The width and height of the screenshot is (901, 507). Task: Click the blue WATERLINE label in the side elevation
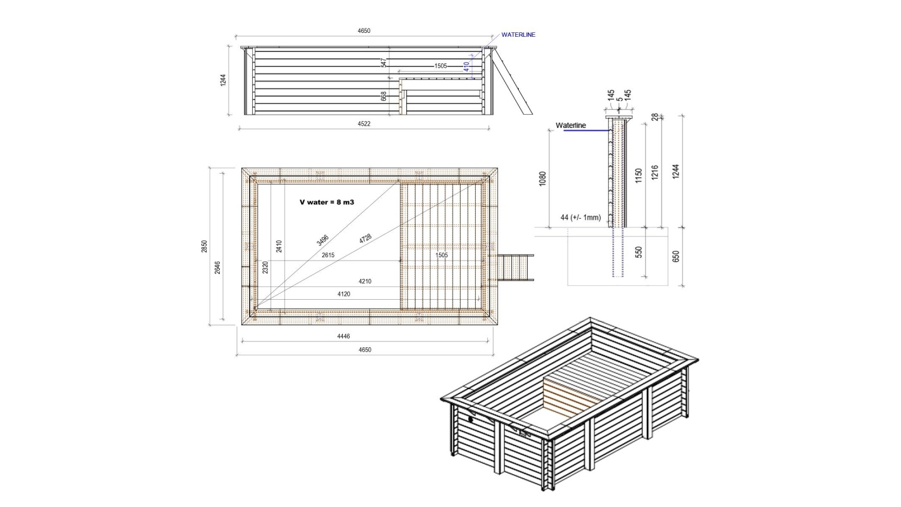(518, 35)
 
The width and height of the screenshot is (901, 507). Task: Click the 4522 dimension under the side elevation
(364, 124)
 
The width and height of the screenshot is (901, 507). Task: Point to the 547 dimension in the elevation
(384, 63)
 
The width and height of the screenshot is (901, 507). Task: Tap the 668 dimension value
(384, 96)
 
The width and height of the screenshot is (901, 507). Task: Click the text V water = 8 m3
(326, 203)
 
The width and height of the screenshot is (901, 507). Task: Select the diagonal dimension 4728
(365, 240)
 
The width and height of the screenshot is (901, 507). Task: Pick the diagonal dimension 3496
(322, 239)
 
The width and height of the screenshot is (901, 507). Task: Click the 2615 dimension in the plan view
(328, 255)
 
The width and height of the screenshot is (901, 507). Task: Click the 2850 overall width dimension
(205, 246)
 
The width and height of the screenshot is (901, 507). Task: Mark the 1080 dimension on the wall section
(542, 179)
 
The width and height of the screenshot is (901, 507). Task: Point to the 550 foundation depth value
(638, 252)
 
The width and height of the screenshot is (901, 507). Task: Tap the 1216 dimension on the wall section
(656, 172)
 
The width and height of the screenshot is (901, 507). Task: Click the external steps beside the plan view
(517, 267)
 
